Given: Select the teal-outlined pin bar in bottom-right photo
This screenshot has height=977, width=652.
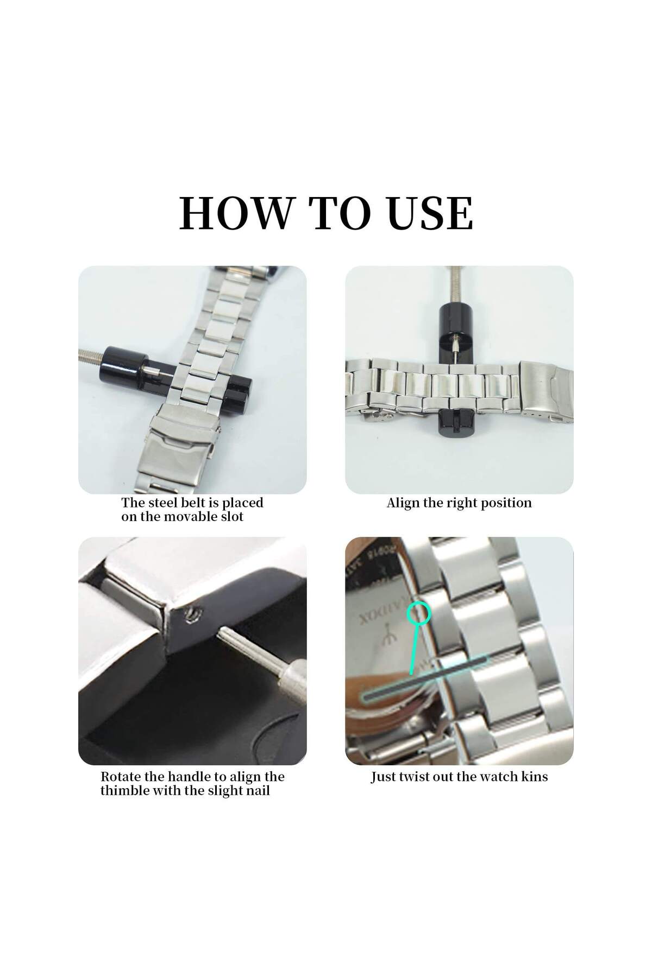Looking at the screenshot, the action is pyautogui.click(x=425, y=676).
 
